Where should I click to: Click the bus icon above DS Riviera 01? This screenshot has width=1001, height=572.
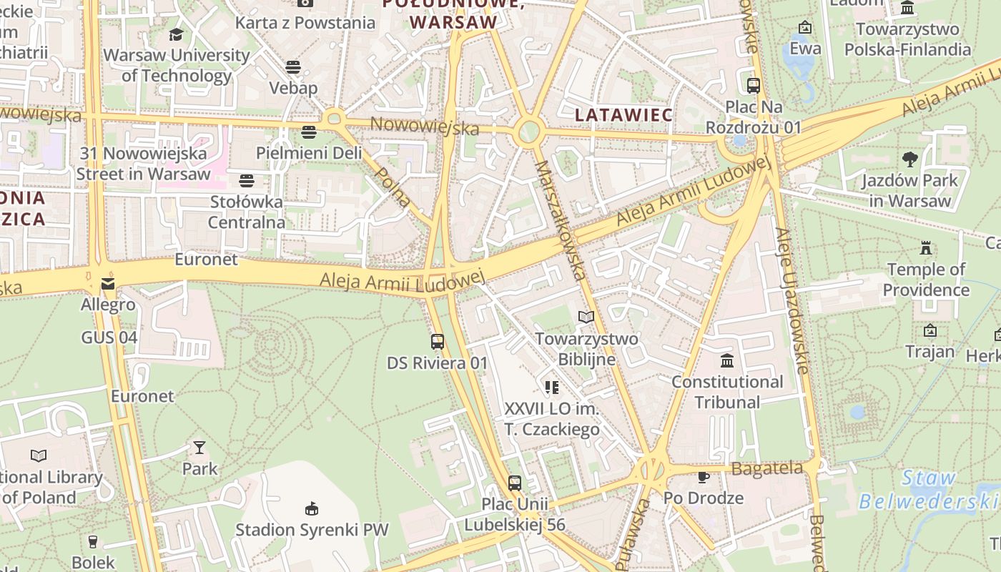coord(438,342)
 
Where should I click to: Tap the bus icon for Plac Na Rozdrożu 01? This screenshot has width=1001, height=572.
coord(753,85)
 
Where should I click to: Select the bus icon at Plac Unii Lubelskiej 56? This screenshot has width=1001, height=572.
coord(515,483)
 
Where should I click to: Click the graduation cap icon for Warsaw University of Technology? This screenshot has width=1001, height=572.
coord(176,34)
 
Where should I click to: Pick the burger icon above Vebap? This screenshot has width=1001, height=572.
coord(293,67)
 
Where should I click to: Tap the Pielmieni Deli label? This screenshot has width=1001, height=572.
coord(309,153)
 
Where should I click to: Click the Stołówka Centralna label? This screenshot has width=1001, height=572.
coord(247,212)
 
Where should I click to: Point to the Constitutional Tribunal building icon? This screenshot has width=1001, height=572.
coord(727,360)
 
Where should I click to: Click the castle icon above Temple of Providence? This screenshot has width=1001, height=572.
coord(926,249)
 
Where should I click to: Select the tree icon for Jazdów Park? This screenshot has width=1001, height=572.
coord(909,159)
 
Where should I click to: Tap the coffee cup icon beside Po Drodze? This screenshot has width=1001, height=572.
coord(704,477)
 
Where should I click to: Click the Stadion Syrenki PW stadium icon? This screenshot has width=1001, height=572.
coord(312,508)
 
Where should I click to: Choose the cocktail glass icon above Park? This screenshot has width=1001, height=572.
coord(199,448)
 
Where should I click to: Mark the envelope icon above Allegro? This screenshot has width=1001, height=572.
coord(108,284)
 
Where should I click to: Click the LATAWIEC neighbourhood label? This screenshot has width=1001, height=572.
coord(623,115)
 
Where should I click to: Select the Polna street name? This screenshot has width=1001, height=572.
coord(393,187)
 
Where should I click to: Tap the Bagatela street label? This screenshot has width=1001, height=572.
coord(767,469)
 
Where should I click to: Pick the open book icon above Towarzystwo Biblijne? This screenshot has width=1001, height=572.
coord(586,317)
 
